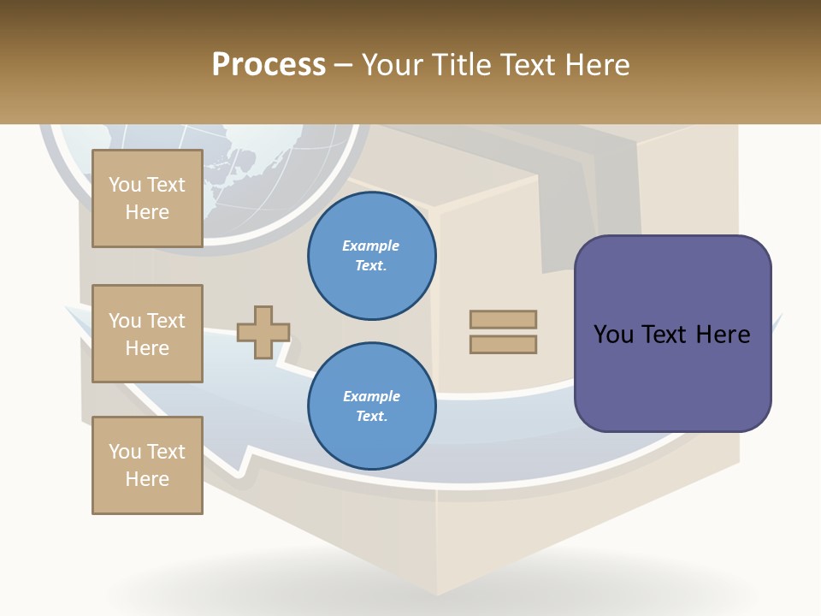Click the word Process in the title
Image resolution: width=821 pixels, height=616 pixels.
[269, 65]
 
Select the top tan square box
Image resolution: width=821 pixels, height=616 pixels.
[147, 198]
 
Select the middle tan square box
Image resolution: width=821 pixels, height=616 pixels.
[147, 334]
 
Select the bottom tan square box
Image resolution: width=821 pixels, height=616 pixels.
[147, 465]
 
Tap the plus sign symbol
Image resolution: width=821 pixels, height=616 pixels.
[263, 332]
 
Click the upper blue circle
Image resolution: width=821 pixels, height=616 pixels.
[371, 256]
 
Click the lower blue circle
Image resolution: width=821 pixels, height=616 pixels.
[371, 406]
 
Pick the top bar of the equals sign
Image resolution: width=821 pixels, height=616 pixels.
[503, 319]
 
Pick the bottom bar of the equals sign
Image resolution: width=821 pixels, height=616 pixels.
[503, 344]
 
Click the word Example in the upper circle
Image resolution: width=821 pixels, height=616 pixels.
[370, 246]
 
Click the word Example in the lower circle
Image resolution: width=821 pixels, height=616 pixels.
[371, 396]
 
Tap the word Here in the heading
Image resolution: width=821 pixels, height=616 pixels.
[598, 65]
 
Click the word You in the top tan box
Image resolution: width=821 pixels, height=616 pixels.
[125, 185]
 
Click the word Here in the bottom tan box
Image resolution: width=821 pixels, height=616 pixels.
[147, 479]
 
